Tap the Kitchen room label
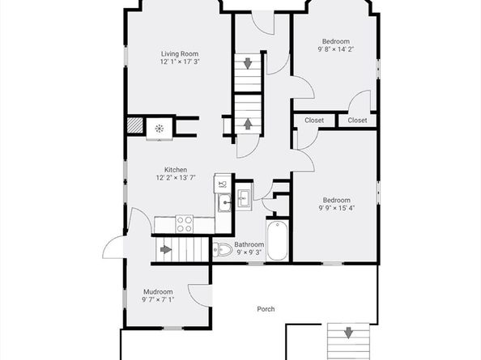176,170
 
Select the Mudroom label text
158,292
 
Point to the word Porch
266,308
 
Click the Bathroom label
249,244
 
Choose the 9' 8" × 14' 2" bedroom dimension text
336,49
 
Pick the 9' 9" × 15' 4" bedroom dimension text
336,208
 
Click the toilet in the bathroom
222,251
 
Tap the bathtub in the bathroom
277,241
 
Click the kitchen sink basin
223,201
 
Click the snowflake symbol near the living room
160,128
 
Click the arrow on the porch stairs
348,332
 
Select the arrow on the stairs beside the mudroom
166,249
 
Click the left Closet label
314,121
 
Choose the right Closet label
357,121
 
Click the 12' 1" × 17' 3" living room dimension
180,61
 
